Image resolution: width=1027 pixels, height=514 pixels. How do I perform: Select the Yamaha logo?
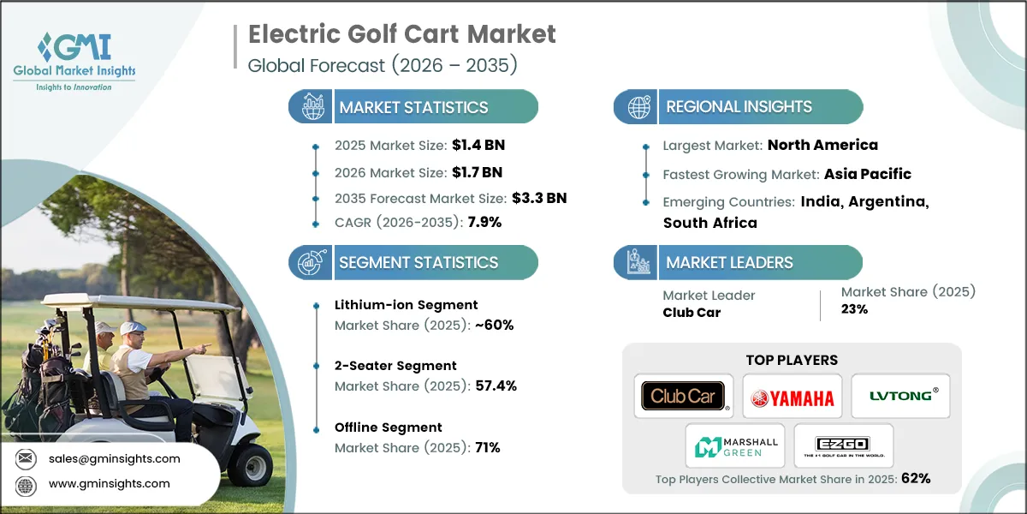(792, 396)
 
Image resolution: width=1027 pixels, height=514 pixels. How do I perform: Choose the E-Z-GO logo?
(843, 445)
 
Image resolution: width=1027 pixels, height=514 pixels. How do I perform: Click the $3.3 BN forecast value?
(539, 198)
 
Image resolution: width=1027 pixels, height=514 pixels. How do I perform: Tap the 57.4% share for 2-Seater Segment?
(496, 386)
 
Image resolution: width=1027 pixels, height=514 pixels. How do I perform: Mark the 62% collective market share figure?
(914, 478)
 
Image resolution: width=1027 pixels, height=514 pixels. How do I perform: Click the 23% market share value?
(854, 309)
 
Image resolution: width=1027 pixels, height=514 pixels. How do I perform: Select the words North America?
(822, 145)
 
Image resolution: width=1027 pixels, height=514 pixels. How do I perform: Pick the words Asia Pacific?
(867, 174)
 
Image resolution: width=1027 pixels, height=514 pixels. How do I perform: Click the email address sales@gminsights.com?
(115, 458)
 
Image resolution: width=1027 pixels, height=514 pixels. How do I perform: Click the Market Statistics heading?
(413, 108)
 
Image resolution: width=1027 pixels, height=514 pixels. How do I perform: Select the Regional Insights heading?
(739, 107)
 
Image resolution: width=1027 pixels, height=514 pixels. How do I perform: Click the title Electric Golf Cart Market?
(401, 34)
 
